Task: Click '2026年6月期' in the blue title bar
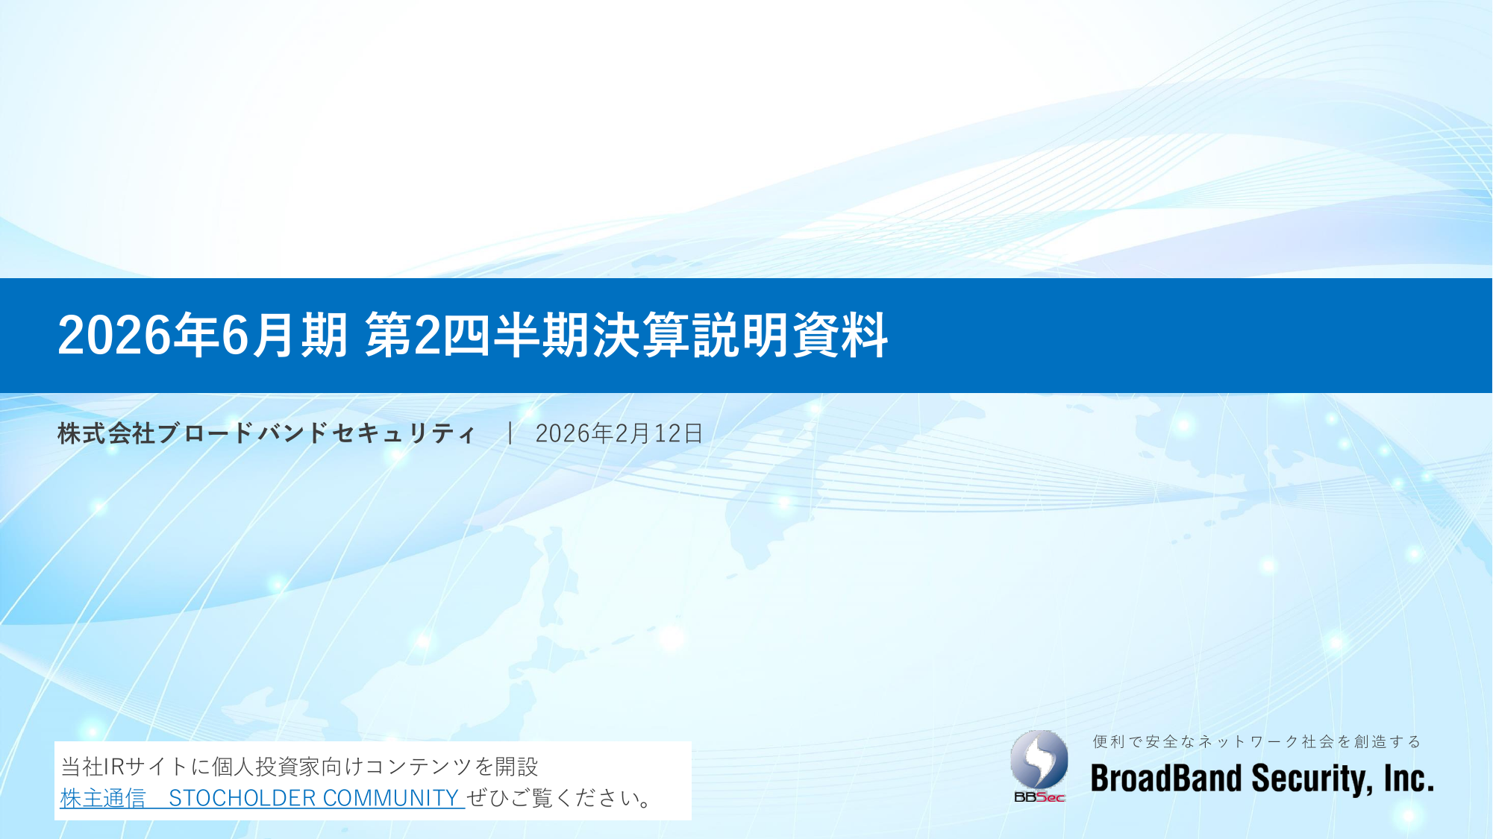[x=203, y=335]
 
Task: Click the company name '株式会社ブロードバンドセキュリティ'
[x=266, y=433]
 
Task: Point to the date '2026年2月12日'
[x=619, y=433]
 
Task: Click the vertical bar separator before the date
[x=510, y=433]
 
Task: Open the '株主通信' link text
[x=103, y=798]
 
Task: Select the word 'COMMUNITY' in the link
[x=390, y=798]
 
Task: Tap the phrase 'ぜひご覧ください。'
[x=560, y=798]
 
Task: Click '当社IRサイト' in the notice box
[x=124, y=767]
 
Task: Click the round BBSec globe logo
[x=1039, y=760]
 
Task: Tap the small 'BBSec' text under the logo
[x=1039, y=797]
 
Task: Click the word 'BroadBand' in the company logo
[x=1166, y=779]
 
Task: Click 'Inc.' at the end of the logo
[x=1409, y=779]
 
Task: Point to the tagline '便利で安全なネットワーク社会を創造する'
[x=1257, y=741]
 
